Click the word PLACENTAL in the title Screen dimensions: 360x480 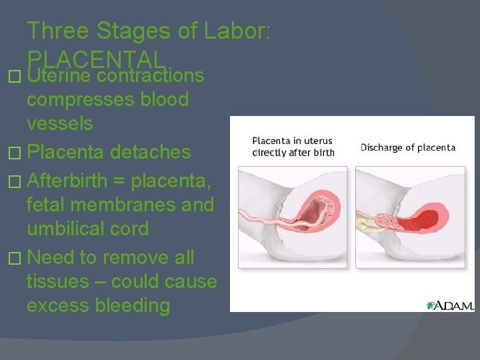tap(95, 60)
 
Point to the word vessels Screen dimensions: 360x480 tap(59, 124)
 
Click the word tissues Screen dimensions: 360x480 tap(58, 282)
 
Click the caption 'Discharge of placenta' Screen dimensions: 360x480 tap(408, 147)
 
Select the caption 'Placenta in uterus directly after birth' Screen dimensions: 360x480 tap(293, 147)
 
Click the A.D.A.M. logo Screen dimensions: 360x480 tap(450, 305)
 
